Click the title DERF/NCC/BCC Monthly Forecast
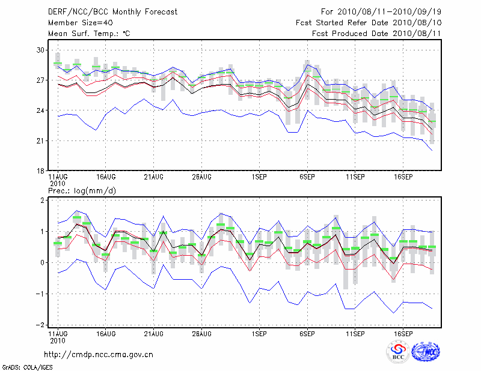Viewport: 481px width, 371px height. pos(112,12)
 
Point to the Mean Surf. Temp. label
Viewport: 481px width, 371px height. pos(89,34)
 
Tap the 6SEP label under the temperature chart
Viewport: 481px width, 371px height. pos(307,177)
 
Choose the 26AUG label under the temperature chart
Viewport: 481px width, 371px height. pos(201,177)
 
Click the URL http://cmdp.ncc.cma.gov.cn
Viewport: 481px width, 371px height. pos(99,354)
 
